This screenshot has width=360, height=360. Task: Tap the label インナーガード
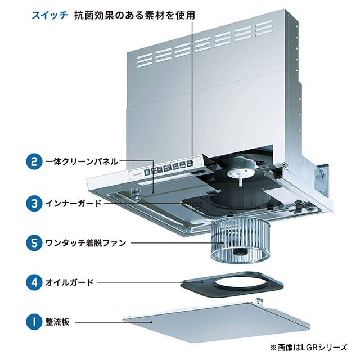coord(73,202)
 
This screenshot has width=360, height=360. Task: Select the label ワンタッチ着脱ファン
coord(85,243)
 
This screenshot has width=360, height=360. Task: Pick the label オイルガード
coord(69,282)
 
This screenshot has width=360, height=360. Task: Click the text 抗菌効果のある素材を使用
coord(135,15)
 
